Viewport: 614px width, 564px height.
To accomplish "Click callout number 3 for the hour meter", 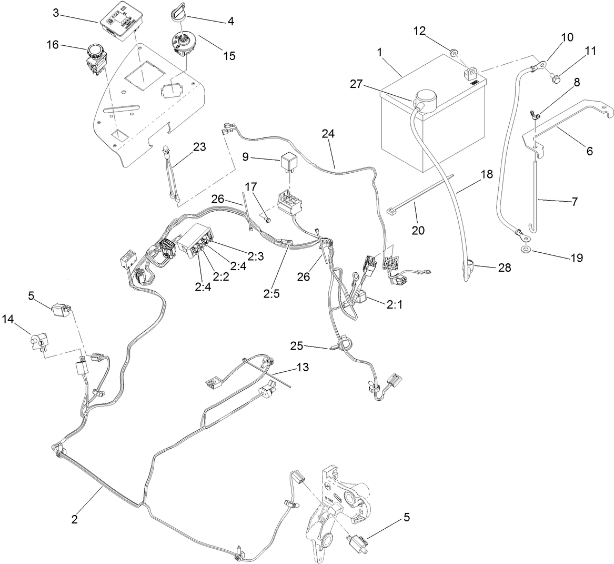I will point(55,13).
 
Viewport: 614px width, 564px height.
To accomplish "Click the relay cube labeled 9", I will point(288,157).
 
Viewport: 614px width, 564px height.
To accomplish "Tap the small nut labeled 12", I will point(452,51).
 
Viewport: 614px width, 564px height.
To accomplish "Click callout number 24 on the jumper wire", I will point(328,135).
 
